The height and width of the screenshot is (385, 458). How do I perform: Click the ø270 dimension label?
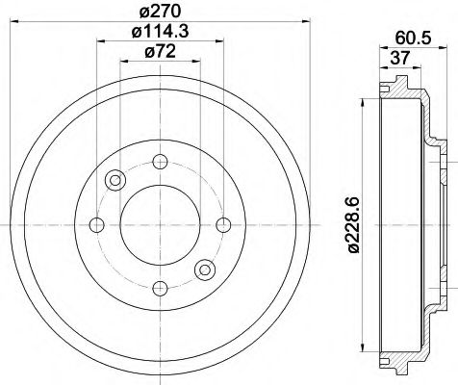pyautogui.click(x=159, y=13)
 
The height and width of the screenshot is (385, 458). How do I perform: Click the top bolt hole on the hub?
pyautogui.click(x=159, y=161)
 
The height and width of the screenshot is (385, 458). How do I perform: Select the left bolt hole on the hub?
pyautogui.click(x=96, y=224)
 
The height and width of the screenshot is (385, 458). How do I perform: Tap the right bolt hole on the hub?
pyautogui.click(x=222, y=224)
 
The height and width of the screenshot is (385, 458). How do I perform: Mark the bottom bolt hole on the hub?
pyautogui.click(x=159, y=288)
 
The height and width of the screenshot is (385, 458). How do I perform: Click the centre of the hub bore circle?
pyautogui.click(x=159, y=224)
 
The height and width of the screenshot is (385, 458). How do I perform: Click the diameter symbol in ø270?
pyautogui.click(x=143, y=13)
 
